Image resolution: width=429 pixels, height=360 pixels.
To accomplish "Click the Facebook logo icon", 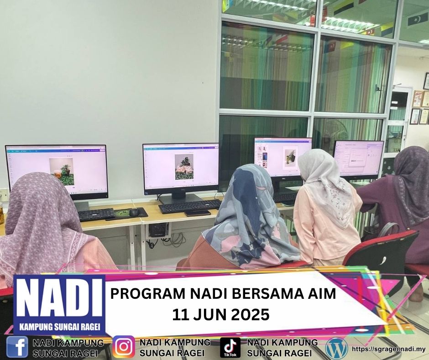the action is coord(17,347).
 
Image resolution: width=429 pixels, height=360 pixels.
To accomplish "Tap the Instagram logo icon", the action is coord(124,347).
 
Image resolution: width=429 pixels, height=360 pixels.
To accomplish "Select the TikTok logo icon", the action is coord(230,347).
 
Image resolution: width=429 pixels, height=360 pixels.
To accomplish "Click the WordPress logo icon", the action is coord(336,348).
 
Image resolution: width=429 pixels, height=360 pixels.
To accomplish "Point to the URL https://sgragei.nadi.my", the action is coord(389,349).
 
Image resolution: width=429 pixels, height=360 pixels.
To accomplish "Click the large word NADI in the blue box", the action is coord(59,299).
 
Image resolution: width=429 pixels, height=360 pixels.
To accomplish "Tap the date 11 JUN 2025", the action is coord(220,315).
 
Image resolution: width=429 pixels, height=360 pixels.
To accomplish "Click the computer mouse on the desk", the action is coord(134,212).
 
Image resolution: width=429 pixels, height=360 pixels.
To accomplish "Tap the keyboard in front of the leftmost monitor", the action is coord(96,214).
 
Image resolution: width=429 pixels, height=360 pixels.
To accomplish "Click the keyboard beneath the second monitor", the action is coord(189,206).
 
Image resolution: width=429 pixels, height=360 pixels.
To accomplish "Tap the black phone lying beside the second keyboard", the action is coord(198,213).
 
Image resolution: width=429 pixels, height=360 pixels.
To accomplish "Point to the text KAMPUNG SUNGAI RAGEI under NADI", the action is coord(59,327).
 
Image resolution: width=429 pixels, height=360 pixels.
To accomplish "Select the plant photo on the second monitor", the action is coord(184,167).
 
